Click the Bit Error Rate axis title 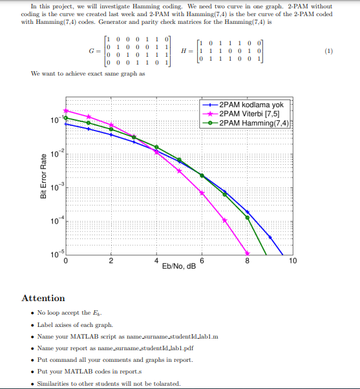(43, 176)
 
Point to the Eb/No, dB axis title (179, 266)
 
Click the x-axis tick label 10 (293, 260)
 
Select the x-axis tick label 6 (202, 260)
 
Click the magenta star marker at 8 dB (248, 253)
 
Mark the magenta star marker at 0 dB (66, 110)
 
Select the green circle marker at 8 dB (248, 218)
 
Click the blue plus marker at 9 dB (270, 237)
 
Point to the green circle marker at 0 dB (66, 118)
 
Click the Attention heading (43, 298)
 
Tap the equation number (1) (328, 51)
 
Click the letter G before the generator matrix (91, 51)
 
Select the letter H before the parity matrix (184, 51)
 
